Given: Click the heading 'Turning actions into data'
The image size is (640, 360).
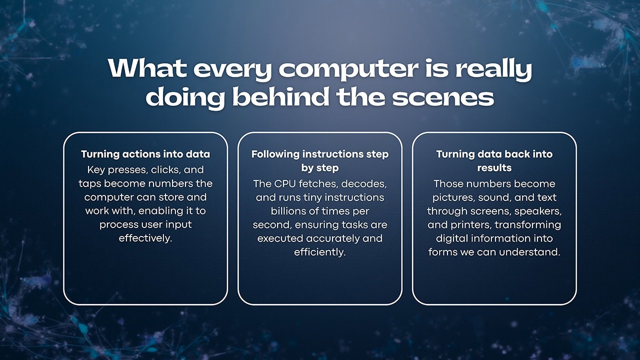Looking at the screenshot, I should click(145, 154).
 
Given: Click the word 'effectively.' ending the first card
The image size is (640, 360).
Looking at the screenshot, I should click(145, 238).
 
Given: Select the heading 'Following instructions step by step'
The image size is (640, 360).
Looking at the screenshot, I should click(320, 160).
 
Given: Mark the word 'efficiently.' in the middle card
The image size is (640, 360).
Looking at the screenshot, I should click(320, 252).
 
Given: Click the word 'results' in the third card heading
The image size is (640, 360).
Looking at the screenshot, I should click(494, 167).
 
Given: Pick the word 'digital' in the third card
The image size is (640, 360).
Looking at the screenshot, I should click(452, 238).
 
